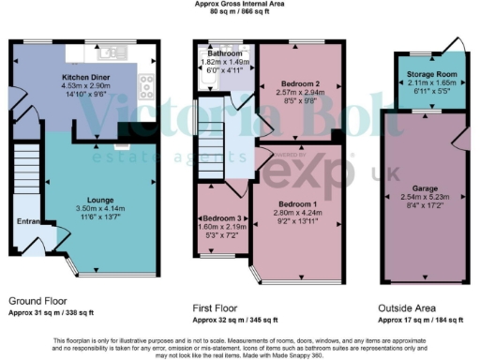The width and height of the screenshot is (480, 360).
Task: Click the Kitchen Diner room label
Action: pyautogui.click(x=86, y=77)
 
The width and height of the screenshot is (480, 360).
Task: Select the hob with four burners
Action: pyautogui.click(x=147, y=87)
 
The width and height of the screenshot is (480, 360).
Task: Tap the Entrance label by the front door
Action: pyautogui.click(x=28, y=222)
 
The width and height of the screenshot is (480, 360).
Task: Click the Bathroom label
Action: pyautogui.click(x=224, y=54)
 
